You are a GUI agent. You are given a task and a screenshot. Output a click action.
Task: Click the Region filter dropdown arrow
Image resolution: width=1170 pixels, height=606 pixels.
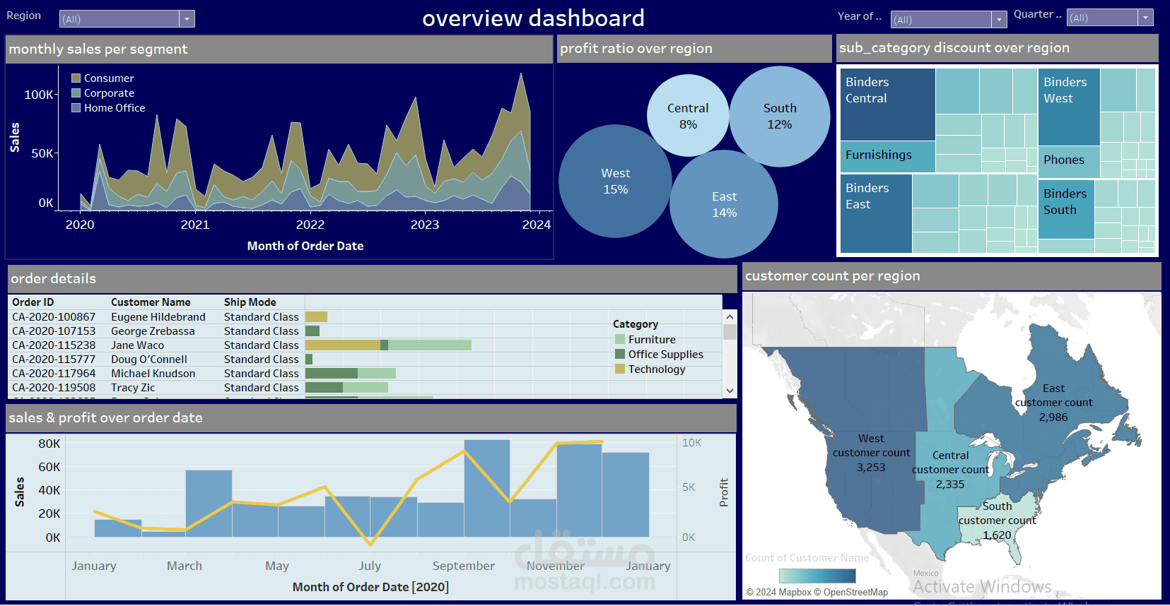coord(187,19)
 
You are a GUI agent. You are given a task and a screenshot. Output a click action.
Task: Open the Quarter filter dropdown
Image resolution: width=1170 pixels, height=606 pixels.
coord(1145,18)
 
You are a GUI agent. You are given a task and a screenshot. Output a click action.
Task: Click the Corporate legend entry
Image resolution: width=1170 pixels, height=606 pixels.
coord(108,93)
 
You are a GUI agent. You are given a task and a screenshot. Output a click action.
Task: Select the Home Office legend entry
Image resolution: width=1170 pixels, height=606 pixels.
coord(114,108)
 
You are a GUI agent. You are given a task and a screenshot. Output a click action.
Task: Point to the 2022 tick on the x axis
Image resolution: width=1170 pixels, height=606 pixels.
coord(310,225)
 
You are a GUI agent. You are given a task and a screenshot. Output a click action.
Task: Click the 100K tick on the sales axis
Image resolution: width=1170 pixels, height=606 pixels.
coord(38,95)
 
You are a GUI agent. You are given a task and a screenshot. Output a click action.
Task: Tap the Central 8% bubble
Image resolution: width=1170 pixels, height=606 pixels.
coord(688,116)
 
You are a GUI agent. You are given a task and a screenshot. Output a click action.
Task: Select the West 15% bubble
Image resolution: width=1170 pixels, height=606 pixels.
coord(615,182)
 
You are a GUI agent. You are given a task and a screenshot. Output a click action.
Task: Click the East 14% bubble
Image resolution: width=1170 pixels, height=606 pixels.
coord(724,205)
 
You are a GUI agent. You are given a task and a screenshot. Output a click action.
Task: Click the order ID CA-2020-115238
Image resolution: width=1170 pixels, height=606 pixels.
coord(54,345)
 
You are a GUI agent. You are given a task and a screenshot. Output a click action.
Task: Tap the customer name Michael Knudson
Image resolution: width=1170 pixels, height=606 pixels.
coord(153,374)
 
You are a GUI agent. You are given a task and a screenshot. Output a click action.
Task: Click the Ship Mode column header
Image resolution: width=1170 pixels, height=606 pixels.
coord(250,302)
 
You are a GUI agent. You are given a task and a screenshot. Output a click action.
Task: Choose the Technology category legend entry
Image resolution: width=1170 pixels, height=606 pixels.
coord(656,369)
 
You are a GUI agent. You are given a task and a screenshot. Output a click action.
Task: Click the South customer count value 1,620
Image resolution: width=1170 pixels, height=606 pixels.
coord(997,535)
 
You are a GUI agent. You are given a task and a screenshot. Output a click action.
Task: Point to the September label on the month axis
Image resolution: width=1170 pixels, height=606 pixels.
coord(463,566)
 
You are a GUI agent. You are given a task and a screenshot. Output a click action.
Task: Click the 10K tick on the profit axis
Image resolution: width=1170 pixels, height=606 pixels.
coord(691,443)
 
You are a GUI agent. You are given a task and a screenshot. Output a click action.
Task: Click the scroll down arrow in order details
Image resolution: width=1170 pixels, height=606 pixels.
coord(730,390)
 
